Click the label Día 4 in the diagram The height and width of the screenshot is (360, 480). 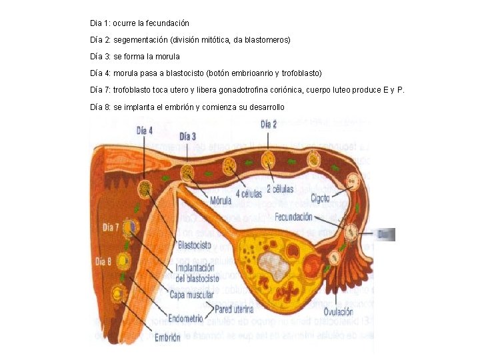tap(145, 131)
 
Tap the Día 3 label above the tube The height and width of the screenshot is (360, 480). tap(187, 137)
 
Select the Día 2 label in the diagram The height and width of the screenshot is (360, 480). tap(269, 124)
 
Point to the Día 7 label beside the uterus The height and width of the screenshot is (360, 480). tap(111, 227)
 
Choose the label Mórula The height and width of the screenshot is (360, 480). tap(221, 200)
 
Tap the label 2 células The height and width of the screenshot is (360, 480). tap(280, 189)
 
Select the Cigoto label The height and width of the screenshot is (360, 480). tap(319, 198)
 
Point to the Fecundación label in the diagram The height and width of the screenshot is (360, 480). tap(294, 217)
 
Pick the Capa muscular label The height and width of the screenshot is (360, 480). tap(192, 294)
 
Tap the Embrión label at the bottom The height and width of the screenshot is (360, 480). tap(167, 338)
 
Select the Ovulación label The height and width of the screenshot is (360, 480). tap(339, 311)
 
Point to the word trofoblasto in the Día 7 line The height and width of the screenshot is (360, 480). tap(134, 90)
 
